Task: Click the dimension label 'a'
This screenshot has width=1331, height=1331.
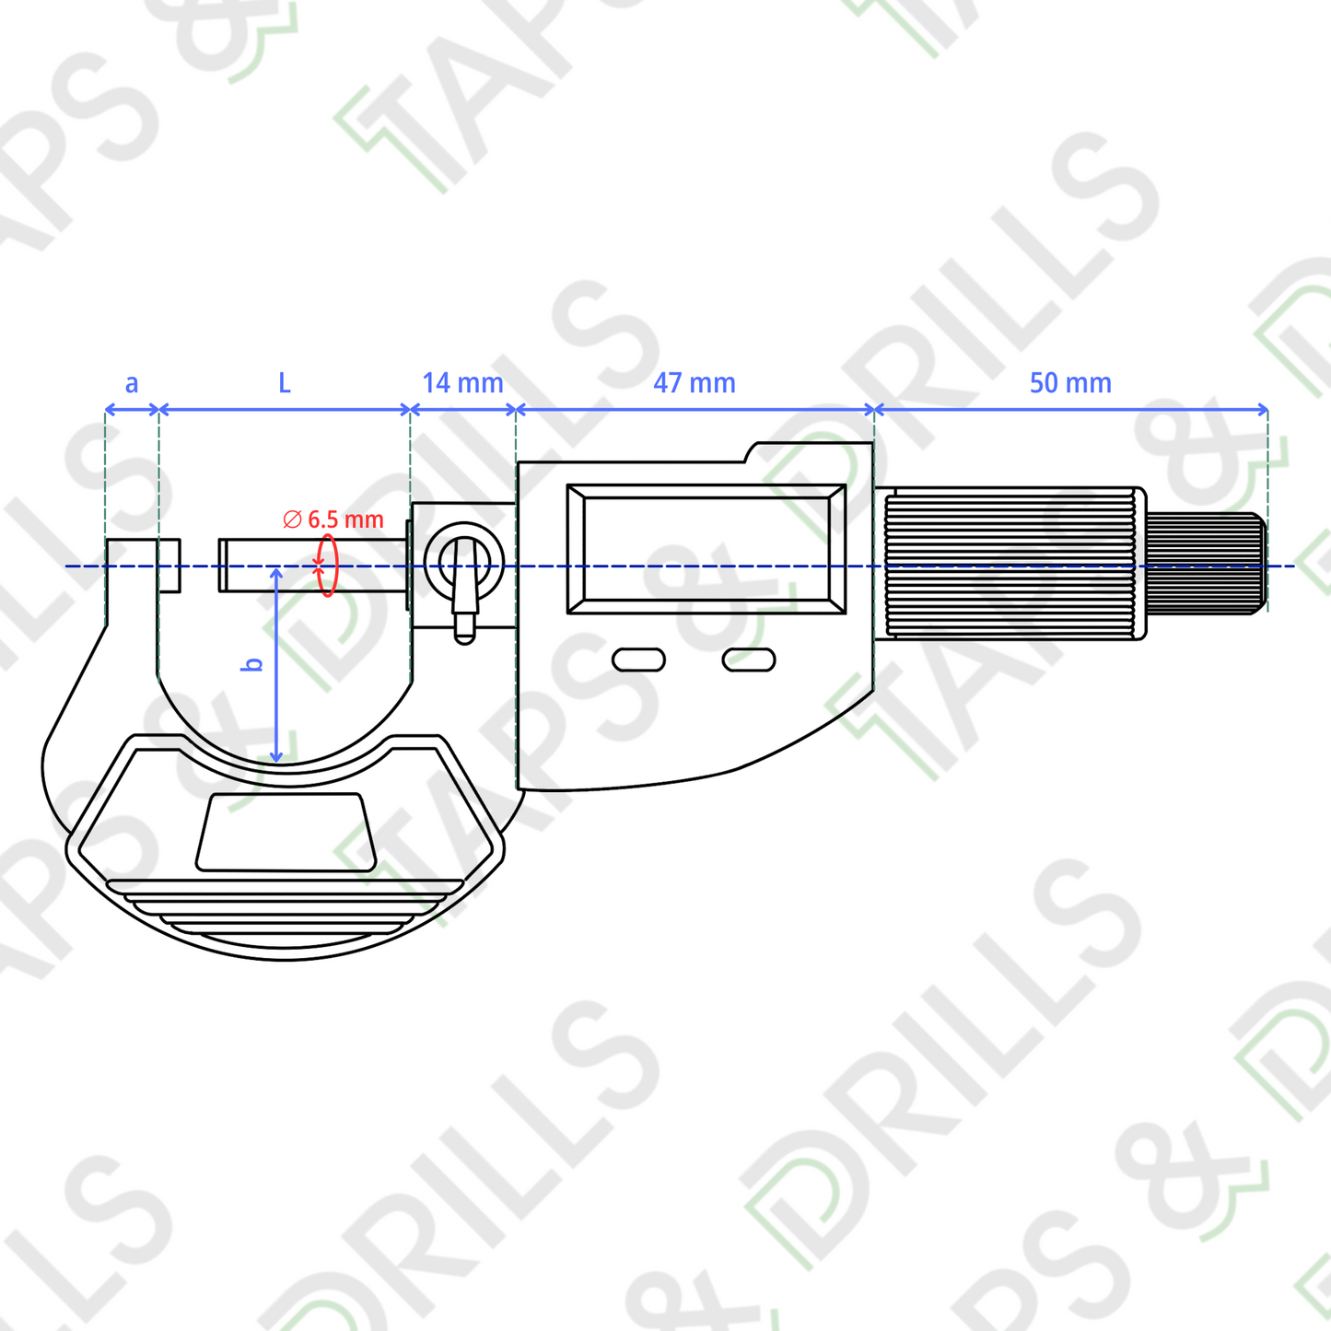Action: pyautogui.click(x=131, y=383)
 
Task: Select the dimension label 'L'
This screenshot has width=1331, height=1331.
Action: pyautogui.click(x=285, y=382)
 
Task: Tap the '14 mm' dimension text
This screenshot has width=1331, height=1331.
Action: pyautogui.click(x=462, y=382)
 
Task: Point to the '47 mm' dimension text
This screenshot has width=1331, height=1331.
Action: pyautogui.click(x=695, y=382)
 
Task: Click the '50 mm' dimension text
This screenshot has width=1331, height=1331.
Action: pyautogui.click(x=1070, y=382)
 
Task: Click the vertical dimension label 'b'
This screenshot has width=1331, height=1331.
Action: pyautogui.click(x=254, y=664)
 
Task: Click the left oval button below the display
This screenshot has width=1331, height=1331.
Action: pyautogui.click(x=639, y=660)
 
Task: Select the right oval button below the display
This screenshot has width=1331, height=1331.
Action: pyautogui.click(x=749, y=660)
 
